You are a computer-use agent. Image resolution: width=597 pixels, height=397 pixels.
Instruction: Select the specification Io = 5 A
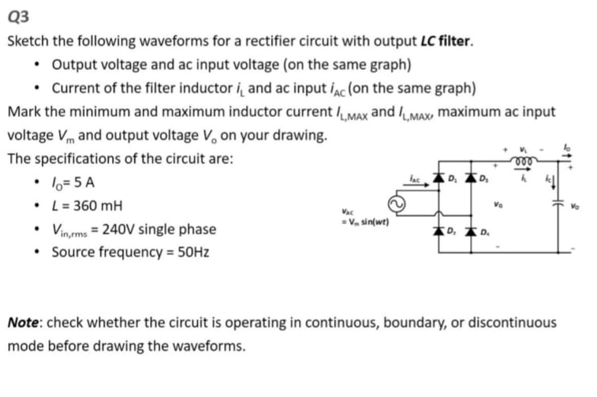pyautogui.click(x=74, y=182)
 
